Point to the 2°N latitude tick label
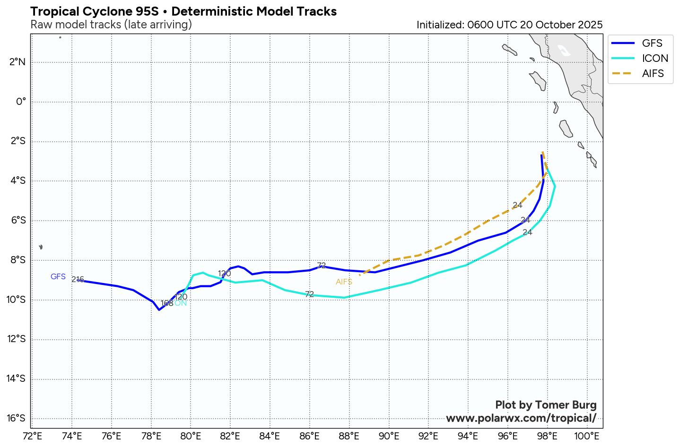point(17,62)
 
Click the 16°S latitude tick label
point(17,418)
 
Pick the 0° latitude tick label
point(21,102)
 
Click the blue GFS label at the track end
point(58,276)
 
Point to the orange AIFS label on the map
point(344,282)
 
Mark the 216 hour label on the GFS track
point(78,279)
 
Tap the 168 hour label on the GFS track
point(167,303)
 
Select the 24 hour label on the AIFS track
point(517,205)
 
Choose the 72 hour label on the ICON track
point(309,294)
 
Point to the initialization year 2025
point(588,25)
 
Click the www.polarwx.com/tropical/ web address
point(521,418)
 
